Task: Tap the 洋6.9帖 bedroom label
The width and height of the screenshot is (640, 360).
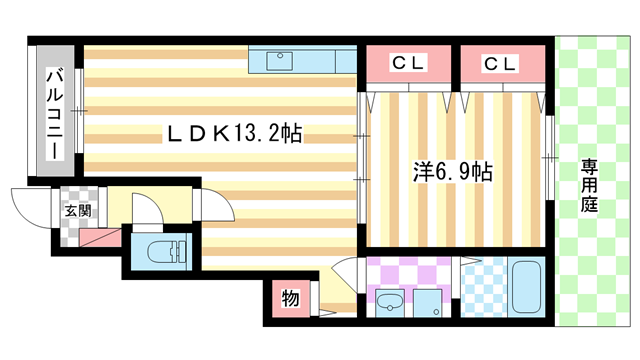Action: [452, 171]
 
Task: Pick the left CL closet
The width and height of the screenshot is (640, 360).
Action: [408, 64]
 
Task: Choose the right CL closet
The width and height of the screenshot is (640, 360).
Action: [501, 64]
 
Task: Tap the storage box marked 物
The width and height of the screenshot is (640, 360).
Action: [288, 297]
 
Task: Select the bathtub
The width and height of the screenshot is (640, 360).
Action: [526, 288]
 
